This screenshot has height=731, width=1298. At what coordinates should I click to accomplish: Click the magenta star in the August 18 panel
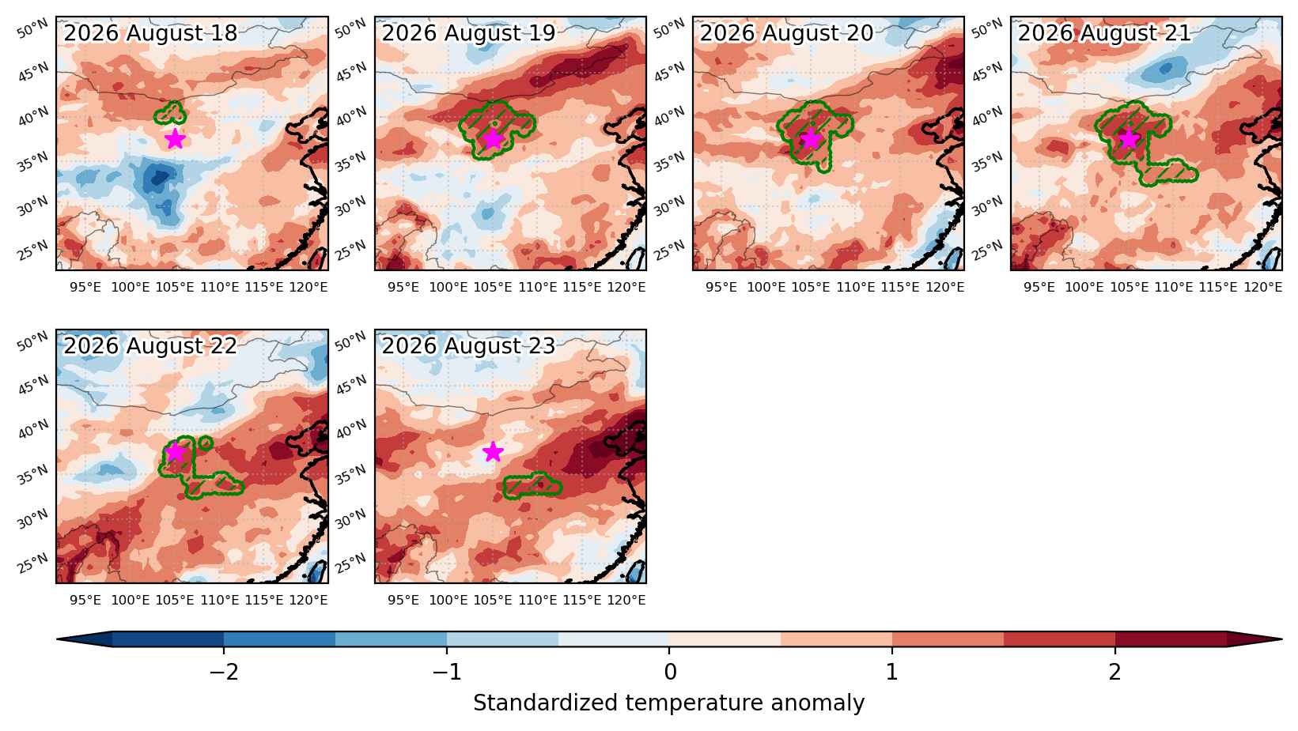coord(175,139)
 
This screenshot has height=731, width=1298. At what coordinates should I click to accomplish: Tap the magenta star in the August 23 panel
coord(493,451)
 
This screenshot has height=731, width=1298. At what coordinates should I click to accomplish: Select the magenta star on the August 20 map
coord(812,139)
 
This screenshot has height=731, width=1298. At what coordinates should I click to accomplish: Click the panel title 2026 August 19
coord(468,33)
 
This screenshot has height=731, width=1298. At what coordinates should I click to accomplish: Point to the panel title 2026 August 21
coord(1104,33)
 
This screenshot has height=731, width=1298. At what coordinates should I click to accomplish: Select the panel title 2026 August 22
coord(150,346)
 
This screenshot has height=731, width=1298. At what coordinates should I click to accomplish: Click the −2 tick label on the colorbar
coord(224,672)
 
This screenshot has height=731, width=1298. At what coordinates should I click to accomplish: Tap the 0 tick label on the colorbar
coord(670,672)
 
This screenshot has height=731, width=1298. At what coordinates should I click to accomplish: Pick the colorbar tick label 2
coord(1115,672)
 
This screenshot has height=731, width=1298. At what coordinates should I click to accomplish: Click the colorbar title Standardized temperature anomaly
coord(668,703)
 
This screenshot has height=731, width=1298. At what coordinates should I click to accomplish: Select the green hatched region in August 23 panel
coord(532,485)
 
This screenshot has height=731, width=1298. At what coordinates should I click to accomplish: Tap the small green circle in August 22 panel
coord(206,443)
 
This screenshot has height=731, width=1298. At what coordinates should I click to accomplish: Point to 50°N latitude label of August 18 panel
coord(33,29)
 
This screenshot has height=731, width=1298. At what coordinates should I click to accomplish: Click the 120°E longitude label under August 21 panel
coord(1263,287)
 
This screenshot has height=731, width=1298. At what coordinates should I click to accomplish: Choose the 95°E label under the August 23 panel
coord(403,600)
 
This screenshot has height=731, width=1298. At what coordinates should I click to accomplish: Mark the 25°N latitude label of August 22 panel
coord(33,563)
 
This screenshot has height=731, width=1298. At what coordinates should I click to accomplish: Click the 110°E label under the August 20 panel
coord(856,287)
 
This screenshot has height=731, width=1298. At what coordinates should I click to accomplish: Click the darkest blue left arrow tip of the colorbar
coord(58,639)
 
